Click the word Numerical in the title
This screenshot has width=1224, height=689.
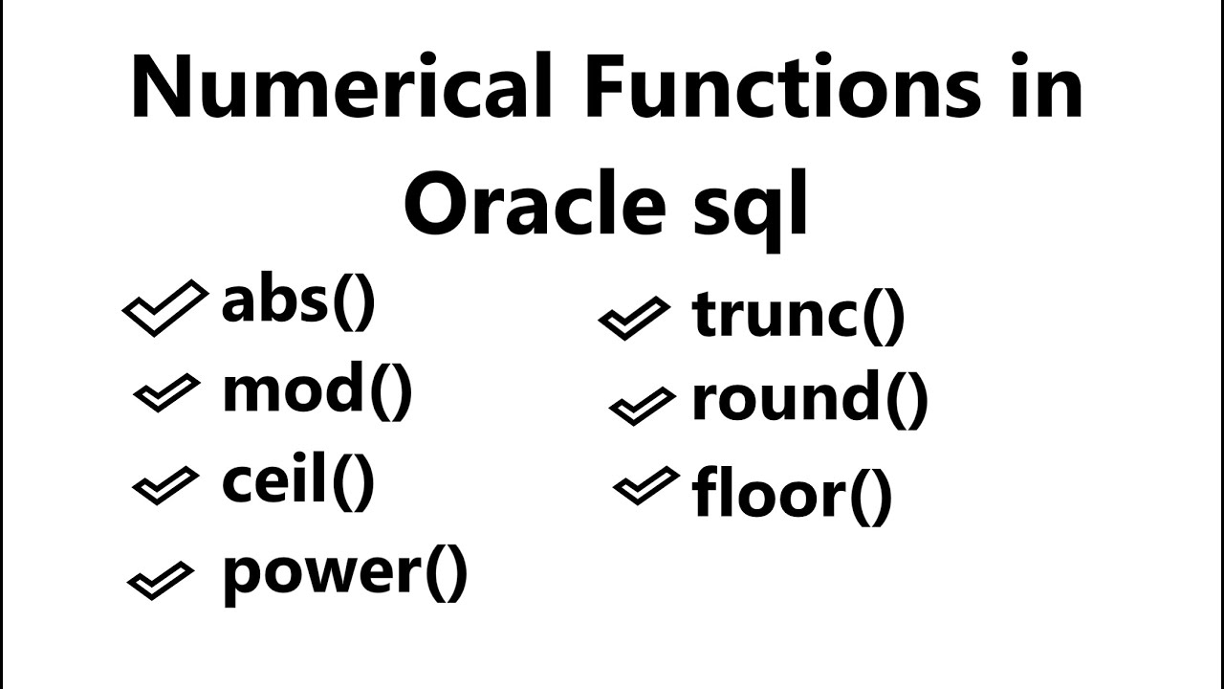(x=341, y=88)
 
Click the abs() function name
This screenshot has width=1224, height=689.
(x=298, y=303)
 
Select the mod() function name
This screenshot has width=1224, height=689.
(x=317, y=391)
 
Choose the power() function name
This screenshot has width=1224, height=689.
(x=345, y=571)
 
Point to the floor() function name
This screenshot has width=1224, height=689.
(x=792, y=494)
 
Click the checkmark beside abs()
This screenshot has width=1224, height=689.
(x=164, y=307)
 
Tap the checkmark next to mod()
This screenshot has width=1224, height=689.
(x=166, y=393)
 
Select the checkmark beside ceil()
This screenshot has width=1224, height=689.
(x=165, y=485)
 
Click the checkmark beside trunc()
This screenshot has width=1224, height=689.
(x=633, y=318)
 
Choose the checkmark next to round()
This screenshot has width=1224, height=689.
(x=641, y=405)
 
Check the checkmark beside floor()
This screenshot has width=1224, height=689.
(x=645, y=486)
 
